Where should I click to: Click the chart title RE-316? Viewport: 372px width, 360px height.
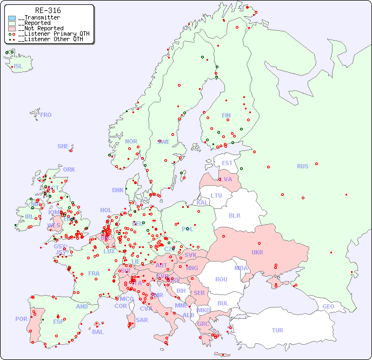(48, 10)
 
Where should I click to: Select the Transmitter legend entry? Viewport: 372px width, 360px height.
(39, 18)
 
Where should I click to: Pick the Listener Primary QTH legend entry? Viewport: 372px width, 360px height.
(50, 34)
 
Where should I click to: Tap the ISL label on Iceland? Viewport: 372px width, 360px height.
(18, 67)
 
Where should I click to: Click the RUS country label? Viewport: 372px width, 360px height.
(302, 166)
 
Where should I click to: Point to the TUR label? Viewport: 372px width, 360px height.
(277, 330)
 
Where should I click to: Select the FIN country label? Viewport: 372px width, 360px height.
(226, 115)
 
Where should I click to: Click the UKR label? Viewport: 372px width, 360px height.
(257, 252)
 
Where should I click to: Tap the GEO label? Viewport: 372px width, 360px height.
(328, 306)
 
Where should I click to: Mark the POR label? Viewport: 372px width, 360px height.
(21, 319)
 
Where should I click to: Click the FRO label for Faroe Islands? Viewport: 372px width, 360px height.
(46, 115)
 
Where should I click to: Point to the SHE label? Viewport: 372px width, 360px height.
(63, 146)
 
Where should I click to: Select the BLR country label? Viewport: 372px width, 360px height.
(234, 215)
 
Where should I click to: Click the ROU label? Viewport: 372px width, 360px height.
(221, 279)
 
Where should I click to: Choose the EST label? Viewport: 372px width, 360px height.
(227, 163)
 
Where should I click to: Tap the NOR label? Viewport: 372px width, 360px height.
(131, 141)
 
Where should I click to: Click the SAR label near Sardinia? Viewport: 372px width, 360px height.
(142, 320)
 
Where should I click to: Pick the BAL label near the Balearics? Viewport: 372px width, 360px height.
(97, 332)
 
